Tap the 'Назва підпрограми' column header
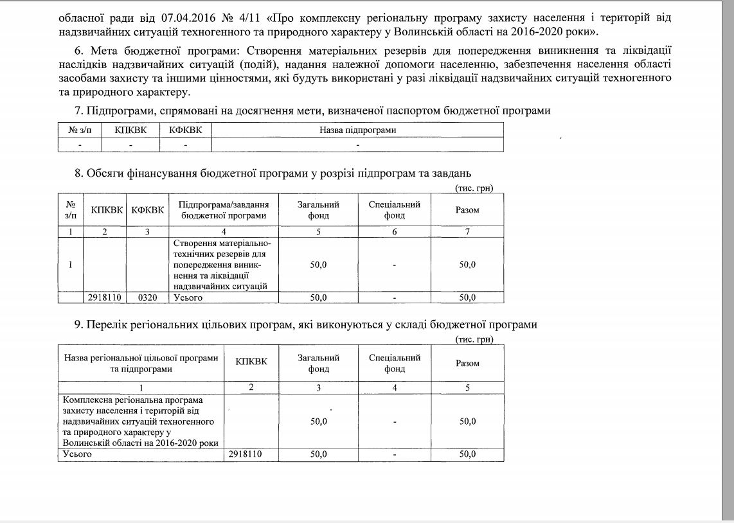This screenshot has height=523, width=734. pyautogui.click(x=357, y=130)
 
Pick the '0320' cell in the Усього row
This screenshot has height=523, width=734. pyautogui.click(x=147, y=297)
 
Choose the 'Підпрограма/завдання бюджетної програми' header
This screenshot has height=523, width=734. pyautogui.click(x=224, y=210)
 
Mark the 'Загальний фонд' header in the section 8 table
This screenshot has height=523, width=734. pyautogui.click(x=319, y=210)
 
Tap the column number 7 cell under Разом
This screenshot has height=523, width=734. pyautogui.click(x=467, y=232)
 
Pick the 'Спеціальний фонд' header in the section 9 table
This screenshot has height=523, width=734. pyautogui.click(x=395, y=363)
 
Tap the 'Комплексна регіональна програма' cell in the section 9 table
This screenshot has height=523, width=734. pyautogui.click(x=141, y=421)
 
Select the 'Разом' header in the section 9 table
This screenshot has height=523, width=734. pyautogui.click(x=467, y=363)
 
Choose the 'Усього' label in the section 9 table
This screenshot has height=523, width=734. pyautogui.click(x=76, y=454)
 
